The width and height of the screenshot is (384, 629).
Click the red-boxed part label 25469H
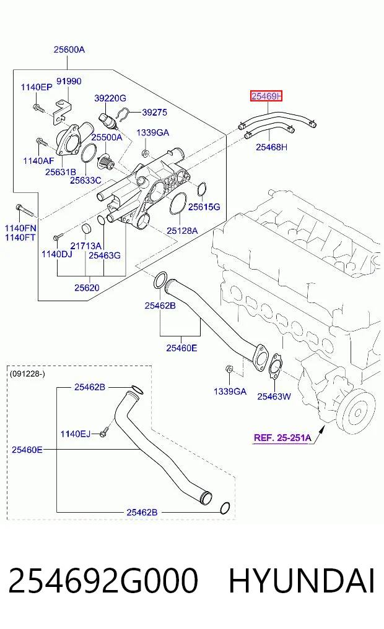pyautogui.click(x=266, y=96)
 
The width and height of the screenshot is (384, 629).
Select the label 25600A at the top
pyautogui.click(x=69, y=49)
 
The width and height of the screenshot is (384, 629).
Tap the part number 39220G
pyautogui.click(x=110, y=98)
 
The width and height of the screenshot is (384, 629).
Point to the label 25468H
pyautogui.click(x=271, y=147)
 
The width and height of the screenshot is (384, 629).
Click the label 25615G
pyautogui.click(x=204, y=207)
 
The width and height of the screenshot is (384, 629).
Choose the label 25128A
pyautogui.click(x=182, y=231)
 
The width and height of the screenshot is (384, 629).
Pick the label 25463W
pyautogui.click(x=274, y=396)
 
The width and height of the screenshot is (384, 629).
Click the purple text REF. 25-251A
pyautogui.click(x=282, y=438)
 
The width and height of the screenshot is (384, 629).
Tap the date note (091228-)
pyautogui.click(x=27, y=374)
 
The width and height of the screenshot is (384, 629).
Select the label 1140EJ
pyautogui.click(x=76, y=434)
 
